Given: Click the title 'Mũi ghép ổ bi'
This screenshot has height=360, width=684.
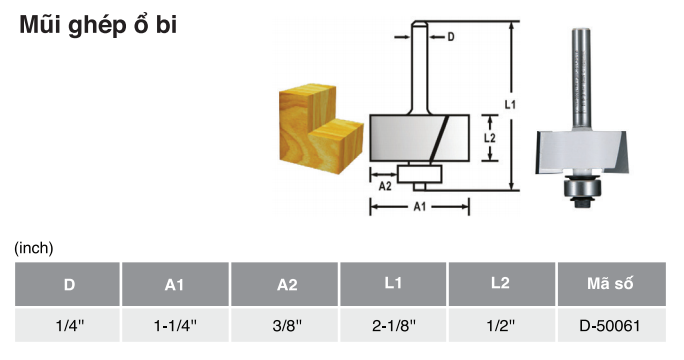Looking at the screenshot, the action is [98, 25].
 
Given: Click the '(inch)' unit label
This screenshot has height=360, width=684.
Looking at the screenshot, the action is [34, 248].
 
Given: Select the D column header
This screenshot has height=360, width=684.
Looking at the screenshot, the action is [68, 284].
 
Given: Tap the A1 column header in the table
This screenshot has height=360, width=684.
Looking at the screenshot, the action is [175, 284].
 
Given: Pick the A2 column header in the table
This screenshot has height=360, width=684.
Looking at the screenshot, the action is [284, 284].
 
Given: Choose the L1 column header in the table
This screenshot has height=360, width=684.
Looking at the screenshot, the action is [393, 284].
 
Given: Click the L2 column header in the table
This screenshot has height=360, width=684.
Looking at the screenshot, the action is [502, 284].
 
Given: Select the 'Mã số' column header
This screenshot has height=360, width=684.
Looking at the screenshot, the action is [612, 284].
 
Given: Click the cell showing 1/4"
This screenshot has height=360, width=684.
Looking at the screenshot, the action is [68, 325].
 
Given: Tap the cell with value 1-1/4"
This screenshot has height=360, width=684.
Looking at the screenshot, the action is [175, 325].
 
